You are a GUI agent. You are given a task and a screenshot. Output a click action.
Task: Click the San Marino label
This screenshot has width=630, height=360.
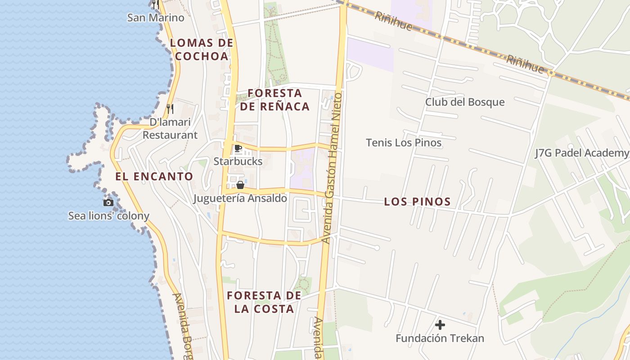tap(156, 18)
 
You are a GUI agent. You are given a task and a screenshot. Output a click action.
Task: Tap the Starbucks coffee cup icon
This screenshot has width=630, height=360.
tap(238, 148)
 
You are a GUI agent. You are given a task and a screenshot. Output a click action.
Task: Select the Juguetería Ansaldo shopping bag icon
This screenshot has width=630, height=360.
tap(240, 185)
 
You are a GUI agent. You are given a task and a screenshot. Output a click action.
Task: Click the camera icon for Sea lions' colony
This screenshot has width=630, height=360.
tap(108, 202)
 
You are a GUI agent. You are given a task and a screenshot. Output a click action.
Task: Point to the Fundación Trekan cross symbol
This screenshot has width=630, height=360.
tap(440, 325)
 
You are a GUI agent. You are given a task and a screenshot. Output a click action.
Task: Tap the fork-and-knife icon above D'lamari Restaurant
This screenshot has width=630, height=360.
tap(170, 108)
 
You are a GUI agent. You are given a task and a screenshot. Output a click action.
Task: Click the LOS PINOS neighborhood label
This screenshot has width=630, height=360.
tap(417, 202)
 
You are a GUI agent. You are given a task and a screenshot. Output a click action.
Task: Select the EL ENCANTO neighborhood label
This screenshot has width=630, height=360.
tap(154, 176)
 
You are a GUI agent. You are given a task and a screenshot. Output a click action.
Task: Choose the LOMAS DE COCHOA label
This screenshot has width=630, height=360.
tap(202, 49)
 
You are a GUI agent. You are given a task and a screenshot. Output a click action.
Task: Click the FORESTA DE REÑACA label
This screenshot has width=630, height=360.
tap(274, 100)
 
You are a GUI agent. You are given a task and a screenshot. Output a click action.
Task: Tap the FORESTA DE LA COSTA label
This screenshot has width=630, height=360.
tap(264, 302)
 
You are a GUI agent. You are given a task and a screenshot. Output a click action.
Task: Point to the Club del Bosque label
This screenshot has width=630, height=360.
tap(465, 102)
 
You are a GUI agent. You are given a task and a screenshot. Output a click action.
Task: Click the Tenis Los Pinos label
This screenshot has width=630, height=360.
tap(404, 143)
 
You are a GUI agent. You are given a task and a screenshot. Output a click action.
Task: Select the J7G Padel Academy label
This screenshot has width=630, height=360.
tap(581, 153)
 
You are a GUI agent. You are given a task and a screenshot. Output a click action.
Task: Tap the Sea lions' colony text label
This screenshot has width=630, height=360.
tap(108, 216)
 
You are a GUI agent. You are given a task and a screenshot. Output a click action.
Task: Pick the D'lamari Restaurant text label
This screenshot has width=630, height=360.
tap(170, 129)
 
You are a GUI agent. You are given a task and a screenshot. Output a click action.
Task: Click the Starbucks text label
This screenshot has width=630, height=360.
tap(238, 161)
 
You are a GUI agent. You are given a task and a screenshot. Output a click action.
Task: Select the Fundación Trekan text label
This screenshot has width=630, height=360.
tap(440, 338)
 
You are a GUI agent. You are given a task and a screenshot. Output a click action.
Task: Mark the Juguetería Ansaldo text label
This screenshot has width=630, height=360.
tap(240, 198)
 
